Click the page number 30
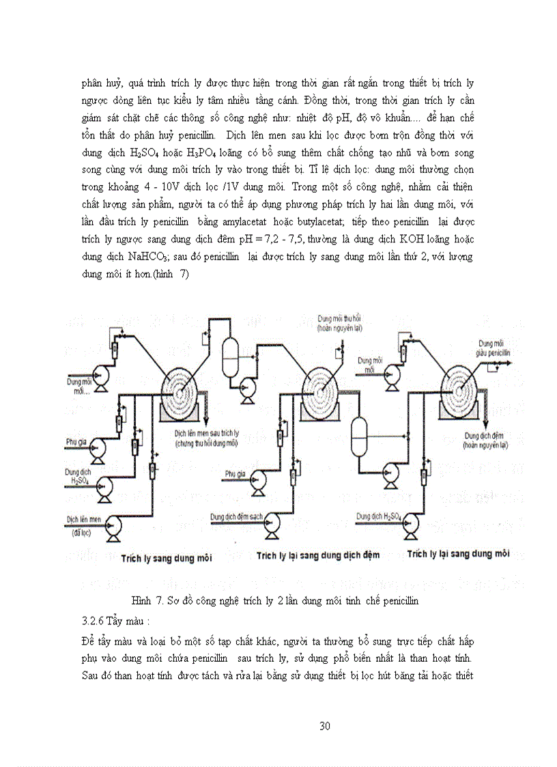[x=325, y=725]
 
